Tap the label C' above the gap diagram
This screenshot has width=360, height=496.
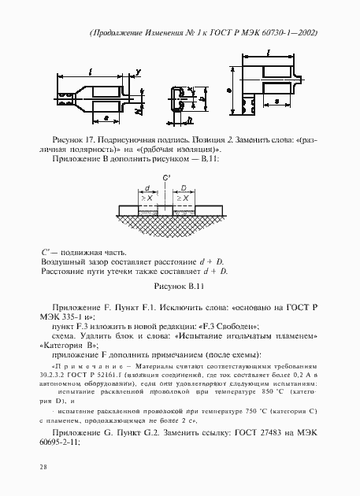pyautogui.click(x=165, y=178)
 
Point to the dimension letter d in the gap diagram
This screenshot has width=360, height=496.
pyautogui.click(x=147, y=188)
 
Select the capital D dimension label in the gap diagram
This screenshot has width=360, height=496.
pyautogui.click(x=184, y=188)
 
